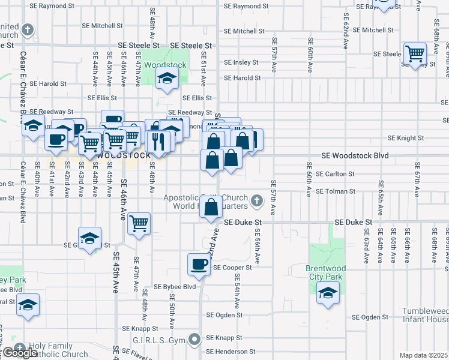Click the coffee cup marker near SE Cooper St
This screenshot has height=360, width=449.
199,263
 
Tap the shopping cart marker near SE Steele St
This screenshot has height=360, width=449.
415,54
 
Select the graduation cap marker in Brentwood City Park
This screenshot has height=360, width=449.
328,293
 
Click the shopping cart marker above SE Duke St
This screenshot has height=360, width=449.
139,223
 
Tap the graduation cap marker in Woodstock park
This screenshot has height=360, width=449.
167,77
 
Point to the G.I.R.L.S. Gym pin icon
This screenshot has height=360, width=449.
194,340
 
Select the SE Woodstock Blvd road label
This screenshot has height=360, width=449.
355,155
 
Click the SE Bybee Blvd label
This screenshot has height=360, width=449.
175,287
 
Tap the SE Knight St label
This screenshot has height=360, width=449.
406,137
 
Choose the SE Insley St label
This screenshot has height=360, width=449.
241,62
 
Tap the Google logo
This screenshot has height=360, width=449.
19,353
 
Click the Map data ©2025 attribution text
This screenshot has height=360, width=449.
424,355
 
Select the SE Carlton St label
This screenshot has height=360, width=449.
335,174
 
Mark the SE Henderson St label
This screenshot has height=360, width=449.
231,352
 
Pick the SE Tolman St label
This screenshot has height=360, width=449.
336,191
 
